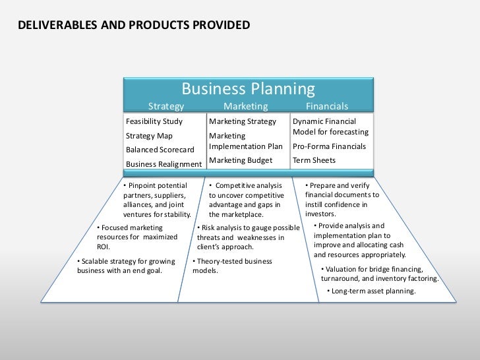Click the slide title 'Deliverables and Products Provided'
[134, 26]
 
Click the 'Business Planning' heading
[249, 88]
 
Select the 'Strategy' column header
[165, 107]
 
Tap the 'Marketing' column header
[245, 107]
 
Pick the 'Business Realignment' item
[164, 164]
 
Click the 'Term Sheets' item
[314, 160]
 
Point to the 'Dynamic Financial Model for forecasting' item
[330, 127]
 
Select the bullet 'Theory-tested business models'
[231, 266]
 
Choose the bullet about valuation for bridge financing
[378, 274]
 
